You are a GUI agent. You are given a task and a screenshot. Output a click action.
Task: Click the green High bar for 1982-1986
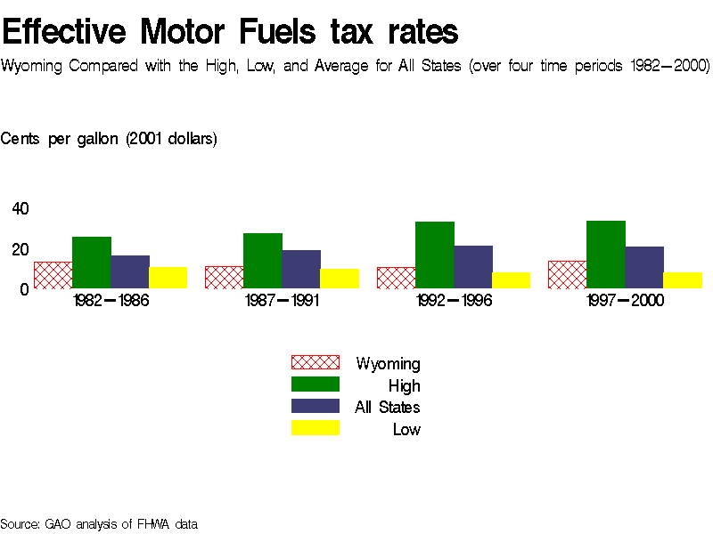91,263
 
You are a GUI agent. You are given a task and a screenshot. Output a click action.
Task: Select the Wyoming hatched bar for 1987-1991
224,278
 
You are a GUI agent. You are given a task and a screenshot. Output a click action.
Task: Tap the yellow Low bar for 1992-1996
511,280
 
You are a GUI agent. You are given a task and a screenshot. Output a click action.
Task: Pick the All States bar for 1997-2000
644,268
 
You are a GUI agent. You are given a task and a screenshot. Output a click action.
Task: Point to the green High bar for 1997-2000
606,255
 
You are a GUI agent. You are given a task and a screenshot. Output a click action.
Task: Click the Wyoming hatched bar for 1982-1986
53,276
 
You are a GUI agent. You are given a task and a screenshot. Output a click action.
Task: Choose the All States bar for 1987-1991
301,270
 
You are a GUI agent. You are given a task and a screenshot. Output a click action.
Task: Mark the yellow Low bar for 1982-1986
168,278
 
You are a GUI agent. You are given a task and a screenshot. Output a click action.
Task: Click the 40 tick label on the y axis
20,208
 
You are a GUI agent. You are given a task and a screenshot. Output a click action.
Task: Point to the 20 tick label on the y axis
20,249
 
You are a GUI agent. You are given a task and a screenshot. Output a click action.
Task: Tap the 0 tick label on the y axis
25,289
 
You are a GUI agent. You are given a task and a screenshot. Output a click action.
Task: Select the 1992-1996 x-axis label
454,301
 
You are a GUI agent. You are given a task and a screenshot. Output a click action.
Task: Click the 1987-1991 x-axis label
282,301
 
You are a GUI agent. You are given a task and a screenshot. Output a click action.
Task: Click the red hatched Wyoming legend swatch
316,362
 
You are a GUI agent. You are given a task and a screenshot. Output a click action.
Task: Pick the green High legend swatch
316,384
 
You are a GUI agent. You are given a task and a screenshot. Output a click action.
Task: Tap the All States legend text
388,408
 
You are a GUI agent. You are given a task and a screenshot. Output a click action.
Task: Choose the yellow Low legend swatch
316,428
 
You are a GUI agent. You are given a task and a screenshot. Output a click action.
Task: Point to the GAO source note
99,523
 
